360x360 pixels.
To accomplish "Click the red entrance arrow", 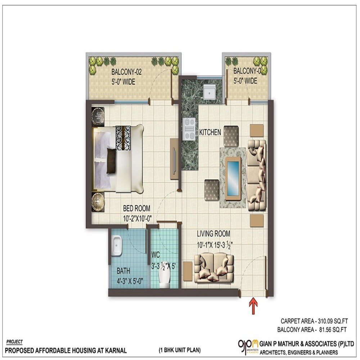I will coord(254,304).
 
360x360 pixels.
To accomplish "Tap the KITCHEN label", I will coord(210,133).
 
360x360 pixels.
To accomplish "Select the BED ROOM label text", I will coord(137,208).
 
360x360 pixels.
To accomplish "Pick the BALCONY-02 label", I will coord(126,72).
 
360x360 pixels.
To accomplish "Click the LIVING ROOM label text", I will coord(213,234).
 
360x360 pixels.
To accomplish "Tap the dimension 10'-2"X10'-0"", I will coord(137,217).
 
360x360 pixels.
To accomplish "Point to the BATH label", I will coord(123,271).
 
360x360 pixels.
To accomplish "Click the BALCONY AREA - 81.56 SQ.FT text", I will coord(312,329).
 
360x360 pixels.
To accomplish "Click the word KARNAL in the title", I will coord(114,350).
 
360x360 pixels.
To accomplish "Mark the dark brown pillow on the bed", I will coord(112,157).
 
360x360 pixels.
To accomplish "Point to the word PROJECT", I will coord(15,342).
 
